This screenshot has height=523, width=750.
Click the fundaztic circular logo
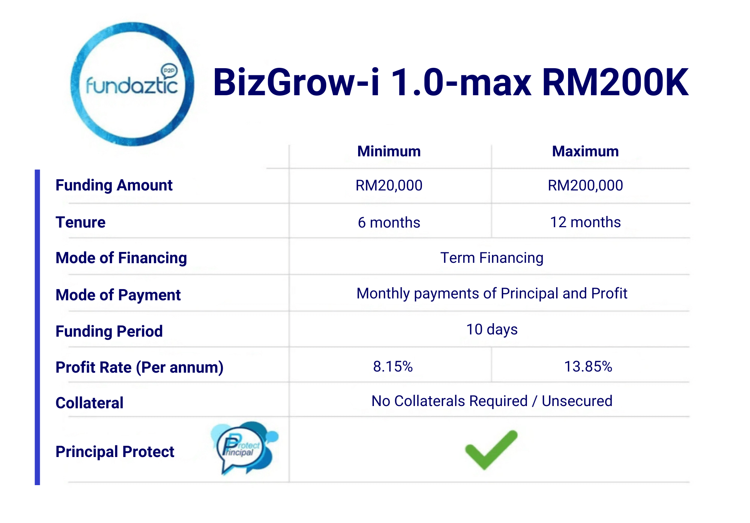[132, 84]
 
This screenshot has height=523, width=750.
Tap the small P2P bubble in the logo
[169, 70]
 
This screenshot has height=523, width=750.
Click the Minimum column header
[389, 151]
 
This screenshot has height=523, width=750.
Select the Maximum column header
[585, 151]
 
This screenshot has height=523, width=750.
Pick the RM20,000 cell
[389, 186]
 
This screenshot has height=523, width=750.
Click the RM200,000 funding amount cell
[585, 186]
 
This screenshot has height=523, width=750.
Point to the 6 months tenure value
[389, 223]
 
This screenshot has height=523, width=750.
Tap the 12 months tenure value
[585, 222]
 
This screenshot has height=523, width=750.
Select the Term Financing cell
[492, 258]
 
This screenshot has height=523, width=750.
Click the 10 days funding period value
[492, 330]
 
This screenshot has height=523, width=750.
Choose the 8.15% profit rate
[393, 367]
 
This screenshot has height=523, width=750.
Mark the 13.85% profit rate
[588, 367]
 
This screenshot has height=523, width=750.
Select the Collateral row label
[89, 403]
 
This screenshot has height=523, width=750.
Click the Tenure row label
[80, 222]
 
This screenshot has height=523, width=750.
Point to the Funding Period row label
[109, 331]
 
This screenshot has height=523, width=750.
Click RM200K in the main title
[615, 82]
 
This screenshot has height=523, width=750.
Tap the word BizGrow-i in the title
[296, 82]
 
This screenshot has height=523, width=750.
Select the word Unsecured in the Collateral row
[577, 401]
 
